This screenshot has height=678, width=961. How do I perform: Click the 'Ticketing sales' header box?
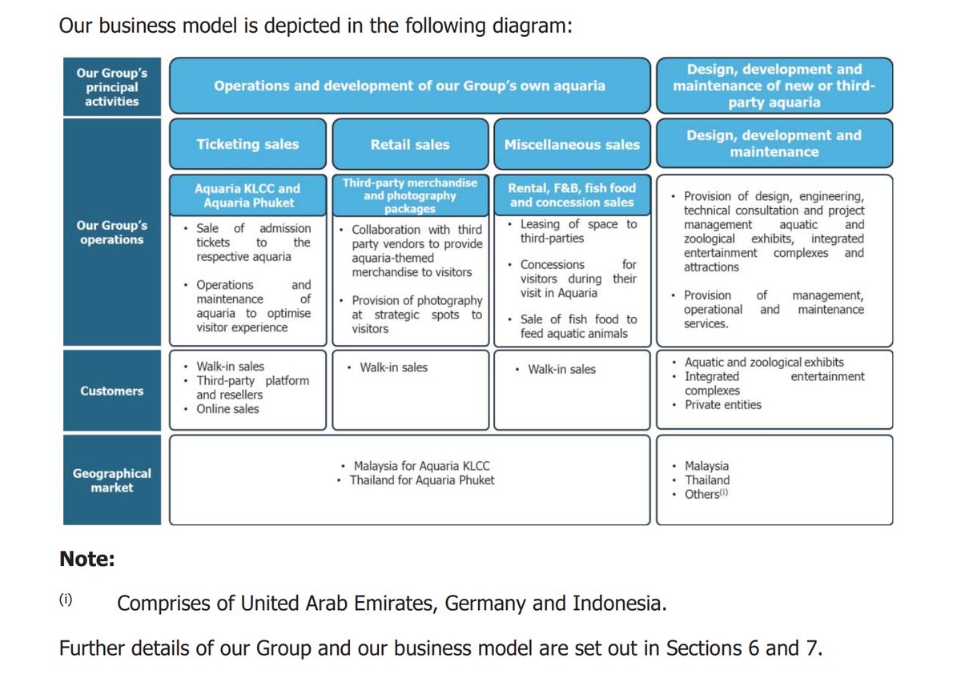(247, 144)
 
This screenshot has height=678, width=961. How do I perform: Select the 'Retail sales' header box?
(410, 145)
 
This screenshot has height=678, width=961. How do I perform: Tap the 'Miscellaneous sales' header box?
(572, 145)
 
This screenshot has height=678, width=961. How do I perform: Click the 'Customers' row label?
(112, 391)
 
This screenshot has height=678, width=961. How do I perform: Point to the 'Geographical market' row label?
(112, 480)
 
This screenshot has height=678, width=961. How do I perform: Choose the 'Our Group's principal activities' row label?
(112, 86)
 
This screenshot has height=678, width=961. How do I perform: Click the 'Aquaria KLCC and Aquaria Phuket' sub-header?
(247, 195)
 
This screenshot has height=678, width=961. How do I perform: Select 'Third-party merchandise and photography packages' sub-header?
(410, 195)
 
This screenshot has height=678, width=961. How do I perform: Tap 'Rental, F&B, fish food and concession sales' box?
(572, 195)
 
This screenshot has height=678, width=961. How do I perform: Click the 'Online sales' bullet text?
(227, 409)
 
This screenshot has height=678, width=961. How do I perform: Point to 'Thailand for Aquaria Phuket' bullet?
(422, 480)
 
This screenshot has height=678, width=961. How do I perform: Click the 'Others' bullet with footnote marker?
(706, 495)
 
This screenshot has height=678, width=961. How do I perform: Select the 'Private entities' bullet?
(723, 405)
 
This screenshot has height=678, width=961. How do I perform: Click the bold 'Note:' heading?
(87, 559)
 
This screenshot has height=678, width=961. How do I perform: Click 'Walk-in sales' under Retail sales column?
(393, 367)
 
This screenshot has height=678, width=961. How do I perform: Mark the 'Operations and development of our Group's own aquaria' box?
(409, 86)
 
